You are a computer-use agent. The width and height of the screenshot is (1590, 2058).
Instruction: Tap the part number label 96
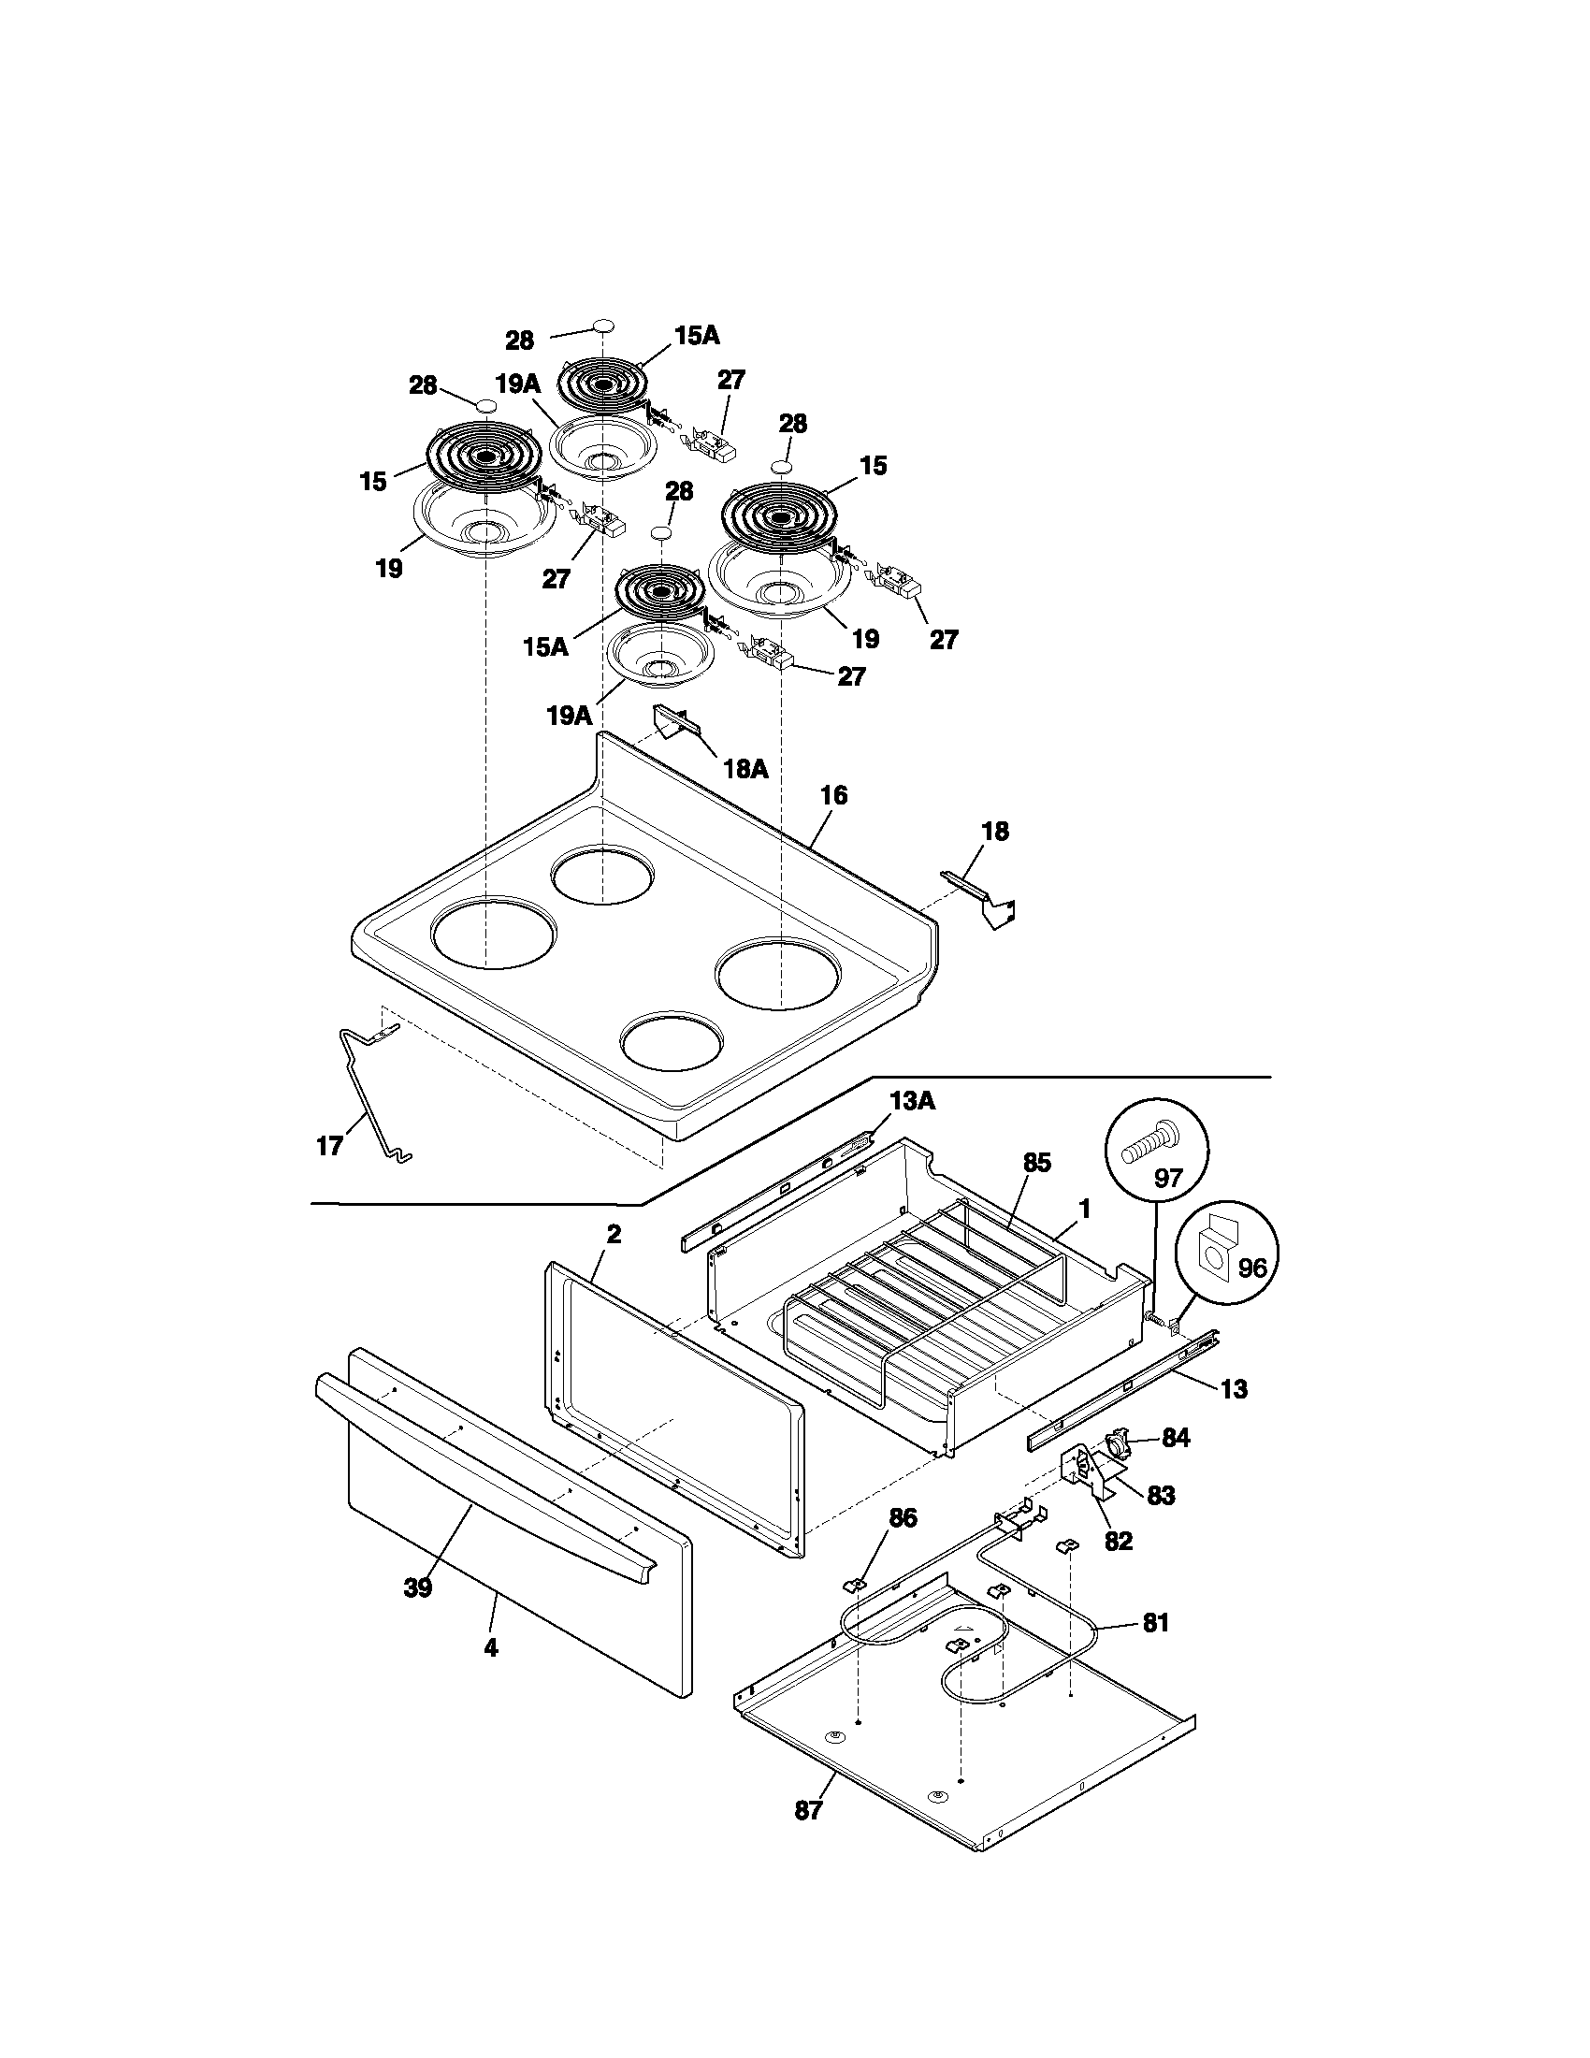(x=1250, y=1268)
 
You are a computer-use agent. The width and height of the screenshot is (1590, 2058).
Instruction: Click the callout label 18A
(x=745, y=769)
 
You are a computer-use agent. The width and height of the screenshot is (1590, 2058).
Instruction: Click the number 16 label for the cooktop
(x=832, y=795)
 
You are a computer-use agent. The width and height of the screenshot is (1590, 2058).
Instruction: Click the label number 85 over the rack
(x=1036, y=1163)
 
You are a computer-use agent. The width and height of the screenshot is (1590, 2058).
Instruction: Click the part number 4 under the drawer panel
(x=491, y=1646)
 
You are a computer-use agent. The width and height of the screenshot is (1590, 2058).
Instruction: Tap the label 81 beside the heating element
(x=1155, y=1623)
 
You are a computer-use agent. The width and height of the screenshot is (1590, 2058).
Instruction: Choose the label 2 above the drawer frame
(x=614, y=1235)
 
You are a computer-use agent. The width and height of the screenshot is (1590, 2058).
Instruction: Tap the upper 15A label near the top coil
(x=696, y=336)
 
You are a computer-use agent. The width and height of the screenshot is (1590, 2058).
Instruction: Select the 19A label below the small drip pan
(x=569, y=716)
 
